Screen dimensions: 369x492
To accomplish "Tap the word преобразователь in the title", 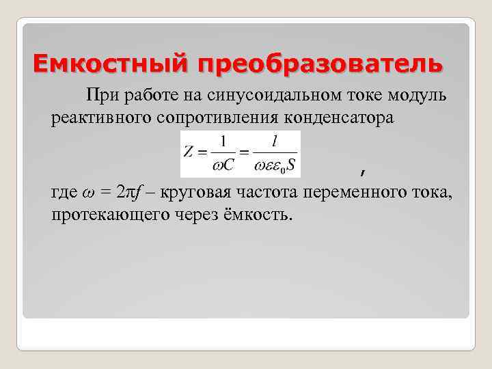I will tap(320, 64).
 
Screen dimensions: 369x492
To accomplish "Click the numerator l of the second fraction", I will tap(274, 141).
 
